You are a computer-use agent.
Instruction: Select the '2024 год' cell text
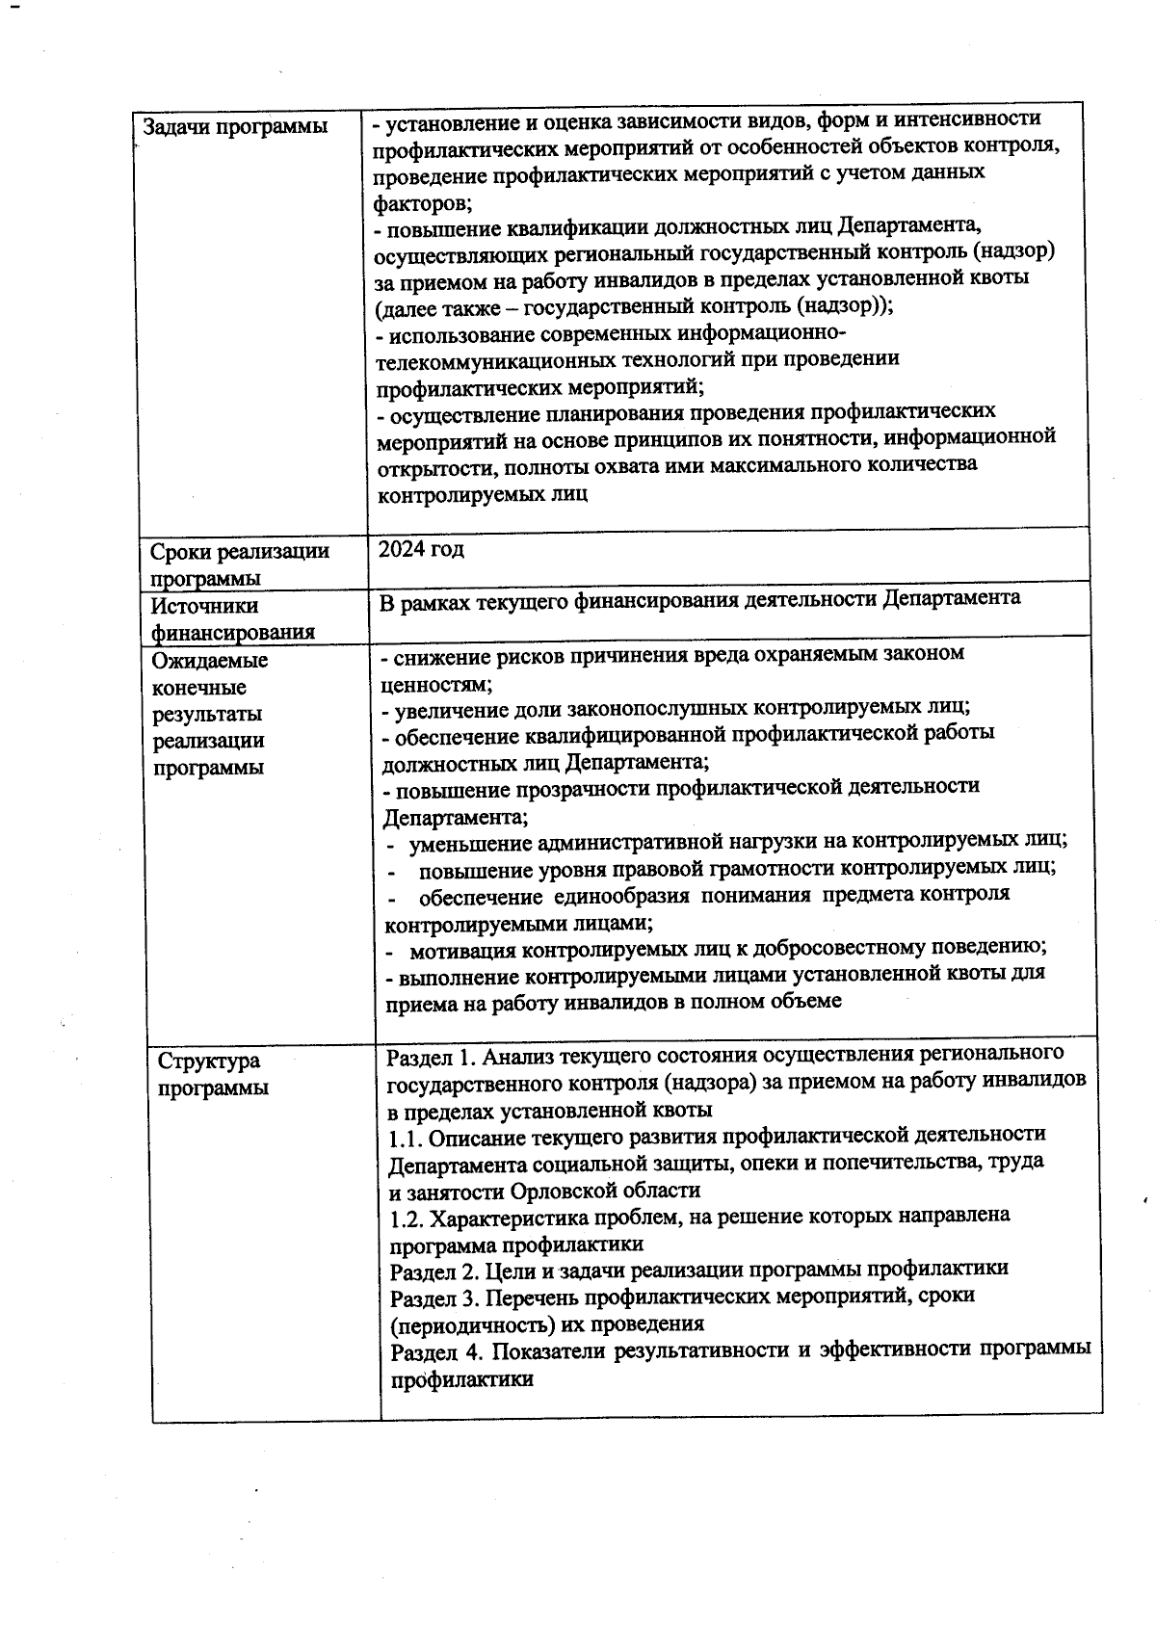pos(421,549)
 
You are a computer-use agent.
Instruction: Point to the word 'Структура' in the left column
pos(209,1061)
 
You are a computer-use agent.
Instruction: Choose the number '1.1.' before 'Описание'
pos(407,1138)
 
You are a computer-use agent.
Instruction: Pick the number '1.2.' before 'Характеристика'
pos(407,1216)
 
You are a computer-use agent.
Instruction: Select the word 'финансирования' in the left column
pos(233,633)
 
